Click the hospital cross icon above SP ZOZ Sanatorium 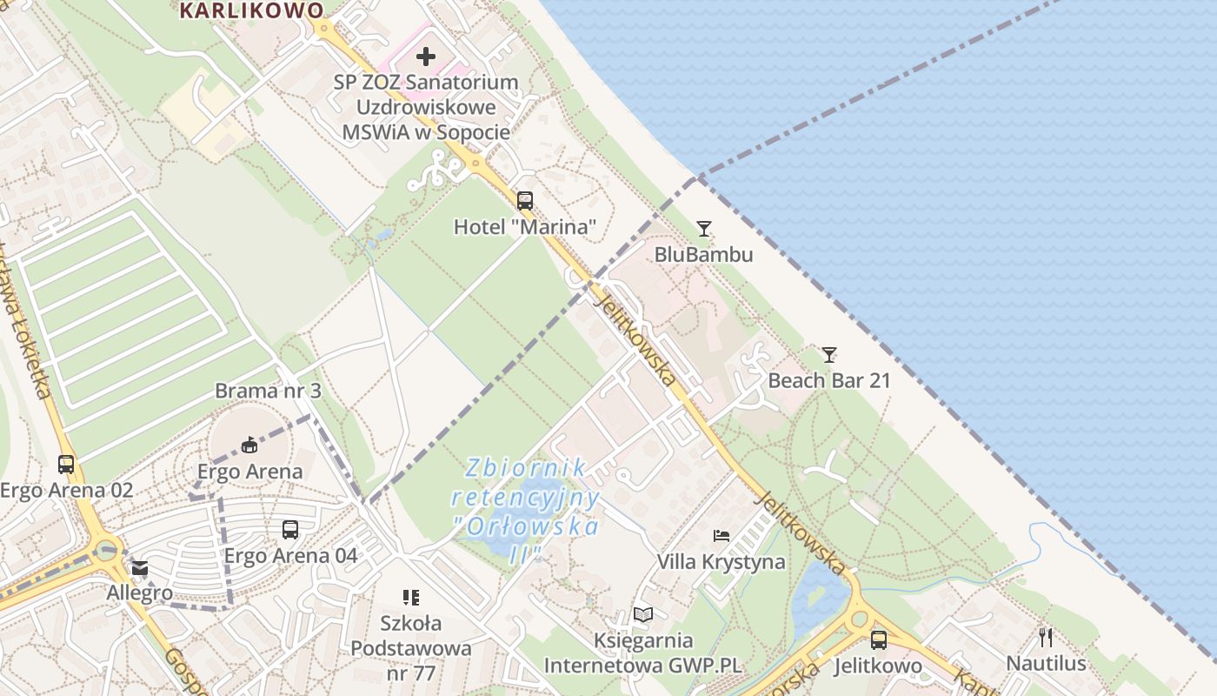point(425,57)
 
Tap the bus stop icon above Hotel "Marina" point(525,201)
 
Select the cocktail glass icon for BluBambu point(704,229)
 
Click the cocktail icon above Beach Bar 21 point(829,354)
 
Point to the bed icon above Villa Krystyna point(722,535)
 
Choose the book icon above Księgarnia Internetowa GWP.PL point(642,614)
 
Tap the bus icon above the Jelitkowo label point(879,640)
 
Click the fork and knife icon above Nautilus point(1046,637)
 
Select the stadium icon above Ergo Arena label point(249,445)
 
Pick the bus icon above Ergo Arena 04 point(290,529)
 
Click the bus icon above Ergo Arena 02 point(66,464)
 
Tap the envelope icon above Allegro point(140,569)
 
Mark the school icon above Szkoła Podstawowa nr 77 point(411,597)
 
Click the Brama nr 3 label point(268,391)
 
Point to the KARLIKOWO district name point(251,10)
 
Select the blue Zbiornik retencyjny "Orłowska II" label point(526,510)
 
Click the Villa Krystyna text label point(721,562)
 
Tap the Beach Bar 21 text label point(829,380)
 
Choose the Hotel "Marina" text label point(525,228)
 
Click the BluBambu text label point(704,255)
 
